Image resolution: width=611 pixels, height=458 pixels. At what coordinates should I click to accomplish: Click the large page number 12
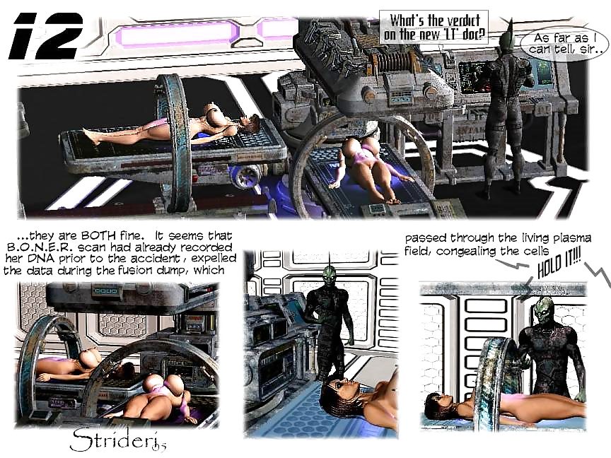pos(46,36)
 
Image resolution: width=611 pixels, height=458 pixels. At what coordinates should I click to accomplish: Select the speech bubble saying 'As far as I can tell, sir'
pos(564,43)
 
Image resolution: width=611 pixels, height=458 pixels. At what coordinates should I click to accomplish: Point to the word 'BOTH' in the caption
pos(98,236)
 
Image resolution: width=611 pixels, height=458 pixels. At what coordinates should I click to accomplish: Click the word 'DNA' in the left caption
pos(42,259)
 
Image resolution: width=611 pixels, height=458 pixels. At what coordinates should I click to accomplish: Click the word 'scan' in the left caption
pos(93,247)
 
